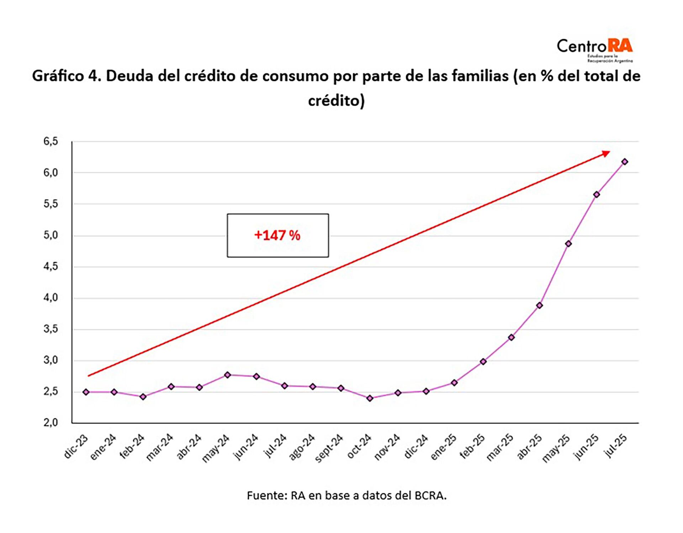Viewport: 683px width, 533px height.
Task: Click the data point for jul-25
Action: [625, 162]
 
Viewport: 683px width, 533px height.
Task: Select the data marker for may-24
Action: [228, 375]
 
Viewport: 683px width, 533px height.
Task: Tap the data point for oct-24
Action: [370, 399]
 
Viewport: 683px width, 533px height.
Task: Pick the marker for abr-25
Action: [540, 305]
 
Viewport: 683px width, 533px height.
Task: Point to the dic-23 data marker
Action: [86, 392]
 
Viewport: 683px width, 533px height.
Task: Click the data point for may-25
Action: [568, 244]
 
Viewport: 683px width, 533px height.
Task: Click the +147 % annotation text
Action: [277, 236]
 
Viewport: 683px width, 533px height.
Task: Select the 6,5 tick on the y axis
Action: [51, 142]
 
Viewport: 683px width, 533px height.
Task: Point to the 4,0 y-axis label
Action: [51, 298]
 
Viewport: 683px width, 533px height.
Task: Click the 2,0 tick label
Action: [51, 423]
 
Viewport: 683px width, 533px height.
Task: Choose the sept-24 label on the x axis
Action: [329, 448]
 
